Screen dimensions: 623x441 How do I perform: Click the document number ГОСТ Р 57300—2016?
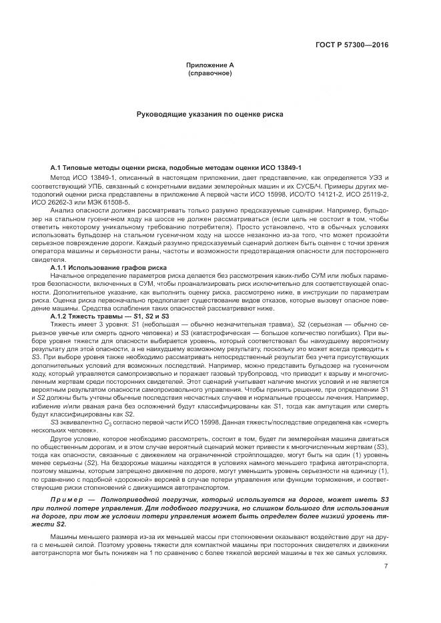pyautogui.click(x=353, y=45)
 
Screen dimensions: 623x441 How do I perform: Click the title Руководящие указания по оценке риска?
pyautogui.click(x=209, y=114)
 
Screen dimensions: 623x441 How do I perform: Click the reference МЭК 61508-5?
pyautogui.click(x=111, y=201)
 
